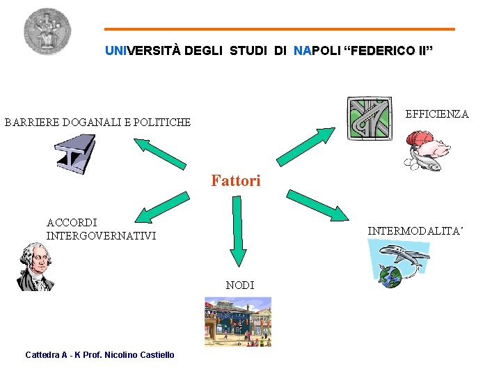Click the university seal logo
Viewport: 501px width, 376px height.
click(x=47, y=31)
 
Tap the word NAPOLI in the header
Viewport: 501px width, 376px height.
click(x=317, y=51)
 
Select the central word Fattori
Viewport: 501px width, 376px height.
click(x=236, y=181)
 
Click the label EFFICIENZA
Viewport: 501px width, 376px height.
click(x=437, y=113)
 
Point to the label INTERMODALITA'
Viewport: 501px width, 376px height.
click(x=415, y=230)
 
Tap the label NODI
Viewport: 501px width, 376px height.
click(x=240, y=285)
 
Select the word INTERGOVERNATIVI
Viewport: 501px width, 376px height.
click(x=101, y=236)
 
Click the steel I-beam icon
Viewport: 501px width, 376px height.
click(x=75, y=155)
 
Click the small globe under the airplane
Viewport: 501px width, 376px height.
click(x=391, y=277)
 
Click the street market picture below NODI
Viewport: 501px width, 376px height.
click(x=237, y=321)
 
